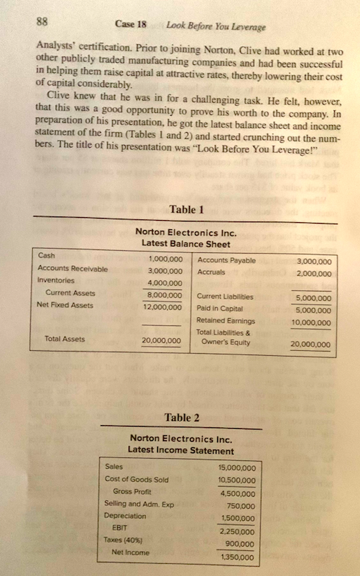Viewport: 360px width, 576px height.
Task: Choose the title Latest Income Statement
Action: coord(181,450)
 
